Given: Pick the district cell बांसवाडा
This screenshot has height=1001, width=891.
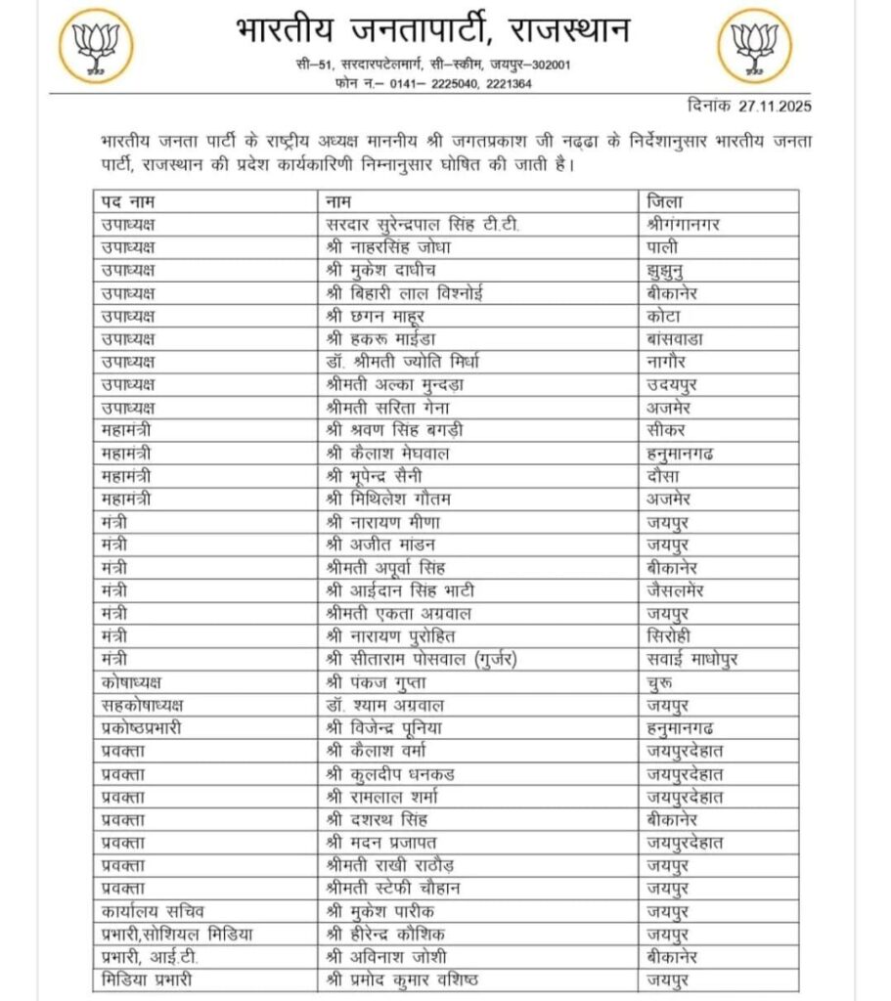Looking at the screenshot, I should pyautogui.click(x=676, y=337).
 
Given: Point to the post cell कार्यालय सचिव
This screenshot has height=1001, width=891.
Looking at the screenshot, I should pyautogui.click(x=146, y=910).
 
